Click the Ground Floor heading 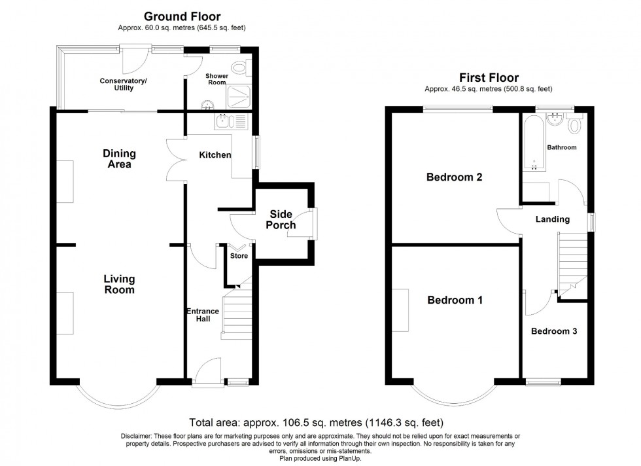182,16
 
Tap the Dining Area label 119,158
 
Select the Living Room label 119,284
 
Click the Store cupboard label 239,256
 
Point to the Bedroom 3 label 553,331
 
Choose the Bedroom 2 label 454,177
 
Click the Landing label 553,219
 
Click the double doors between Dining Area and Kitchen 175,159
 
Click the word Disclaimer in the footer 137,436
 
